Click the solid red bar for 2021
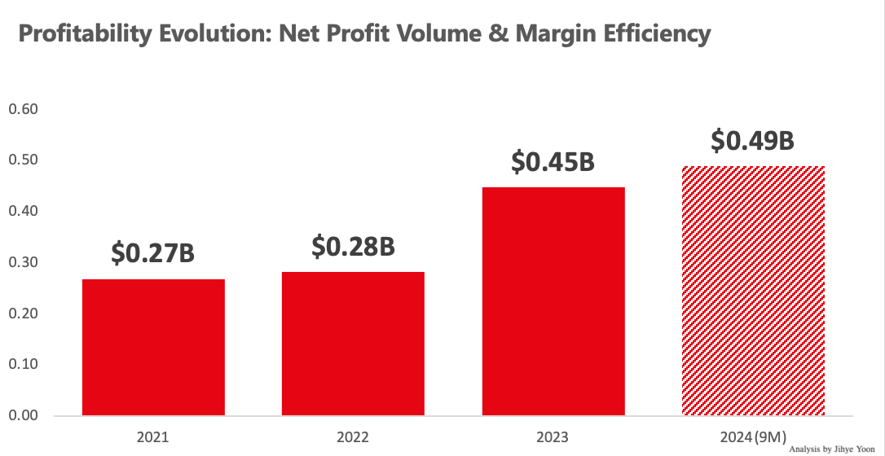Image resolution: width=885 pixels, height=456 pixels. (153, 347)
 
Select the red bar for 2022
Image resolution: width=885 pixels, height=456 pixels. (353, 343)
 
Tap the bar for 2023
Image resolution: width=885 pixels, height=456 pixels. (553, 301)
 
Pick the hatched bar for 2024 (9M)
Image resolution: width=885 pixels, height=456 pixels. (753, 291)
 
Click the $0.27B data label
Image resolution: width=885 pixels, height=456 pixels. (153, 253)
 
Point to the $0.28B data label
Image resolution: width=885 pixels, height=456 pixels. (353, 246)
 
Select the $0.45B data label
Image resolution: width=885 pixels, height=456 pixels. (553, 161)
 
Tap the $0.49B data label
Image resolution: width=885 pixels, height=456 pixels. (752, 140)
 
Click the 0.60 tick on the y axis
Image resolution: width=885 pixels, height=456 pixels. (23, 110)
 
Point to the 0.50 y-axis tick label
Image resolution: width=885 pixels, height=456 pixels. (23, 160)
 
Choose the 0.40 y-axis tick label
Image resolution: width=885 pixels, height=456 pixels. (23, 212)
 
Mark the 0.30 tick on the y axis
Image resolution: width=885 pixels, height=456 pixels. (23, 263)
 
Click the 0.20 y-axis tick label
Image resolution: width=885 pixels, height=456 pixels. (23, 313)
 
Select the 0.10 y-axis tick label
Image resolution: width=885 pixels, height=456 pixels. (23, 365)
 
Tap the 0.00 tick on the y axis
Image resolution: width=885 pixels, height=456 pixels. (23, 415)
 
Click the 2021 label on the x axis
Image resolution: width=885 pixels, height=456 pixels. (153, 436)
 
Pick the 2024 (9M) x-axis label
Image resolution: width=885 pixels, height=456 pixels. (753, 436)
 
